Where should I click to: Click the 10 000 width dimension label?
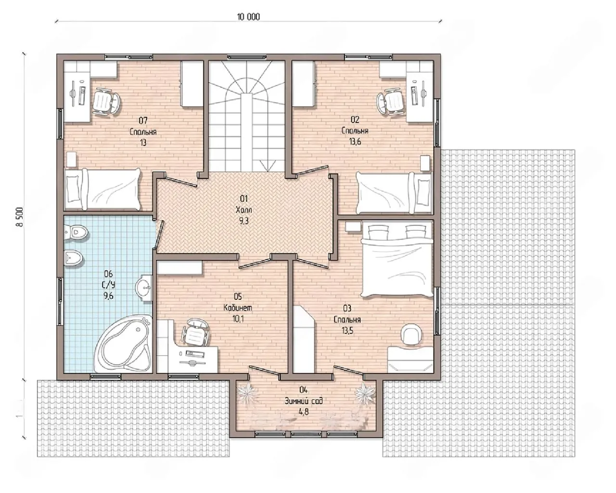click(248, 17)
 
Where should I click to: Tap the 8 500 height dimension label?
click(19, 216)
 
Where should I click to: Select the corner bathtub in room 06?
click(123, 343)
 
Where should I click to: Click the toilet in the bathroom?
click(76, 231)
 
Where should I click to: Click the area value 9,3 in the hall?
click(244, 221)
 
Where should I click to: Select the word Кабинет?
click(238, 308)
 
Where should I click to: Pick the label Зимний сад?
click(303, 400)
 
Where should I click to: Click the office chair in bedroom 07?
click(105, 102)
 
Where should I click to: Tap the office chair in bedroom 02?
click(391, 102)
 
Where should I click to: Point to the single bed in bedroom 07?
click(103, 189)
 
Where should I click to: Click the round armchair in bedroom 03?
click(411, 334)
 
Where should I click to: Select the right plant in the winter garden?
click(365, 392)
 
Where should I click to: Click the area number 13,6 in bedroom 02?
click(355, 142)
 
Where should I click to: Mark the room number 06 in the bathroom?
click(108, 274)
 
